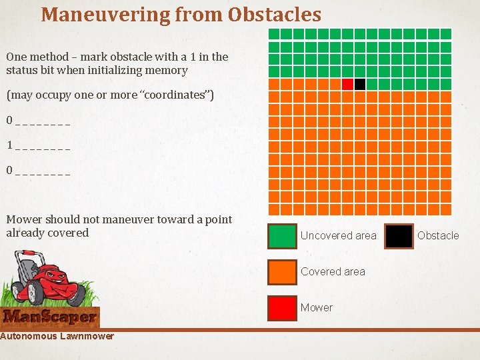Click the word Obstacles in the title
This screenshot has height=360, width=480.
274,14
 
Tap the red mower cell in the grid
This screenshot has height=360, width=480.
347,84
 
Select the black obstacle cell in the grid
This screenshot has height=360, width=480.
360,84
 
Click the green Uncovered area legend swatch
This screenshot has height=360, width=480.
281,235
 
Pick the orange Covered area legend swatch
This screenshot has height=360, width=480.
281,271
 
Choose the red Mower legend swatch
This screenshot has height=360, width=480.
281,307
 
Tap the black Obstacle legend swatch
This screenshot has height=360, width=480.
399,235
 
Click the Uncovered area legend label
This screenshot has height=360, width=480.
338,235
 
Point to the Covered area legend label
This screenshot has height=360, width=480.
333,271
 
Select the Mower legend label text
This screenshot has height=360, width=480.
316,307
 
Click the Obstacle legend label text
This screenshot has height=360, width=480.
438,235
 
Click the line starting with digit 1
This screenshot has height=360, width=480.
38,145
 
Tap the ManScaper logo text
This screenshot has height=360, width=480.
50,316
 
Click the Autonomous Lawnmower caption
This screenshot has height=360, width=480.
57,336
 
